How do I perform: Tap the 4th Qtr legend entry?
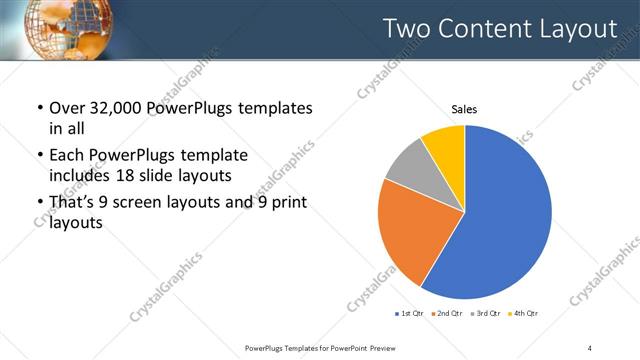click(525, 314)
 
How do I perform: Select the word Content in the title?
click(479, 29)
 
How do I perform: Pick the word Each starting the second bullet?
click(64, 156)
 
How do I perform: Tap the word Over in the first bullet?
click(66, 108)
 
